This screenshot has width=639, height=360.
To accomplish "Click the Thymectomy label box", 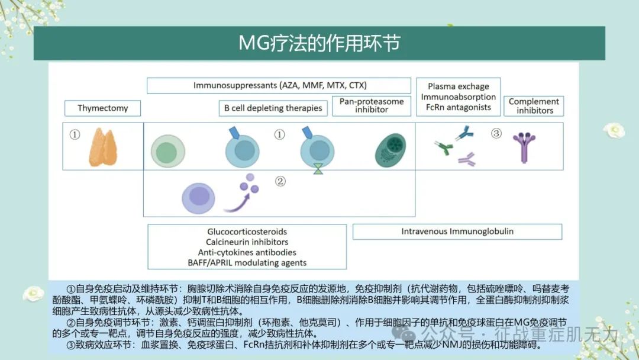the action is (103, 108).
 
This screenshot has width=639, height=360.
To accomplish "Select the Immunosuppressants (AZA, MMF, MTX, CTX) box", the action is (279, 85).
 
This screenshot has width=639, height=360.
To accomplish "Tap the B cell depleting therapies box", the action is (273, 108).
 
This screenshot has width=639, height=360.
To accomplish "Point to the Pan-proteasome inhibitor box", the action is (371, 105).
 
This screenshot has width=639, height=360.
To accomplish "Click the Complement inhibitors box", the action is (534, 106).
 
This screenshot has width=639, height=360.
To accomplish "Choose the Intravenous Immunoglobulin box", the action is (457, 232).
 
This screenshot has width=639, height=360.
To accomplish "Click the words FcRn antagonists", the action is (459, 107).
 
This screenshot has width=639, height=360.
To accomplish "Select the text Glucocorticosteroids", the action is (247, 232).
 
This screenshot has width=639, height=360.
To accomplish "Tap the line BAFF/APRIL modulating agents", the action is (247, 262).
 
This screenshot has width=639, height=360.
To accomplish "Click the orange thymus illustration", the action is (103, 147).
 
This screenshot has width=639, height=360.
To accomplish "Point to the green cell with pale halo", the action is (168, 151).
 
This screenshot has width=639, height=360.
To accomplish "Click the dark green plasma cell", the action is (390, 150).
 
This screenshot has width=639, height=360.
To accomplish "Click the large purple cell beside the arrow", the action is (198, 198).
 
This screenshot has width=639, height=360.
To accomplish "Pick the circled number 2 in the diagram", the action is (280, 181).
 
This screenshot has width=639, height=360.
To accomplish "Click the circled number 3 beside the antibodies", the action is (496, 133).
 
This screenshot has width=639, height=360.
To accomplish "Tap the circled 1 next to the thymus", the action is (75, 134).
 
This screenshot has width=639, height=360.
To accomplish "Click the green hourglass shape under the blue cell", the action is (318, 169).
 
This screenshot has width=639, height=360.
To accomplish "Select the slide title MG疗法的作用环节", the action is (319, 43).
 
